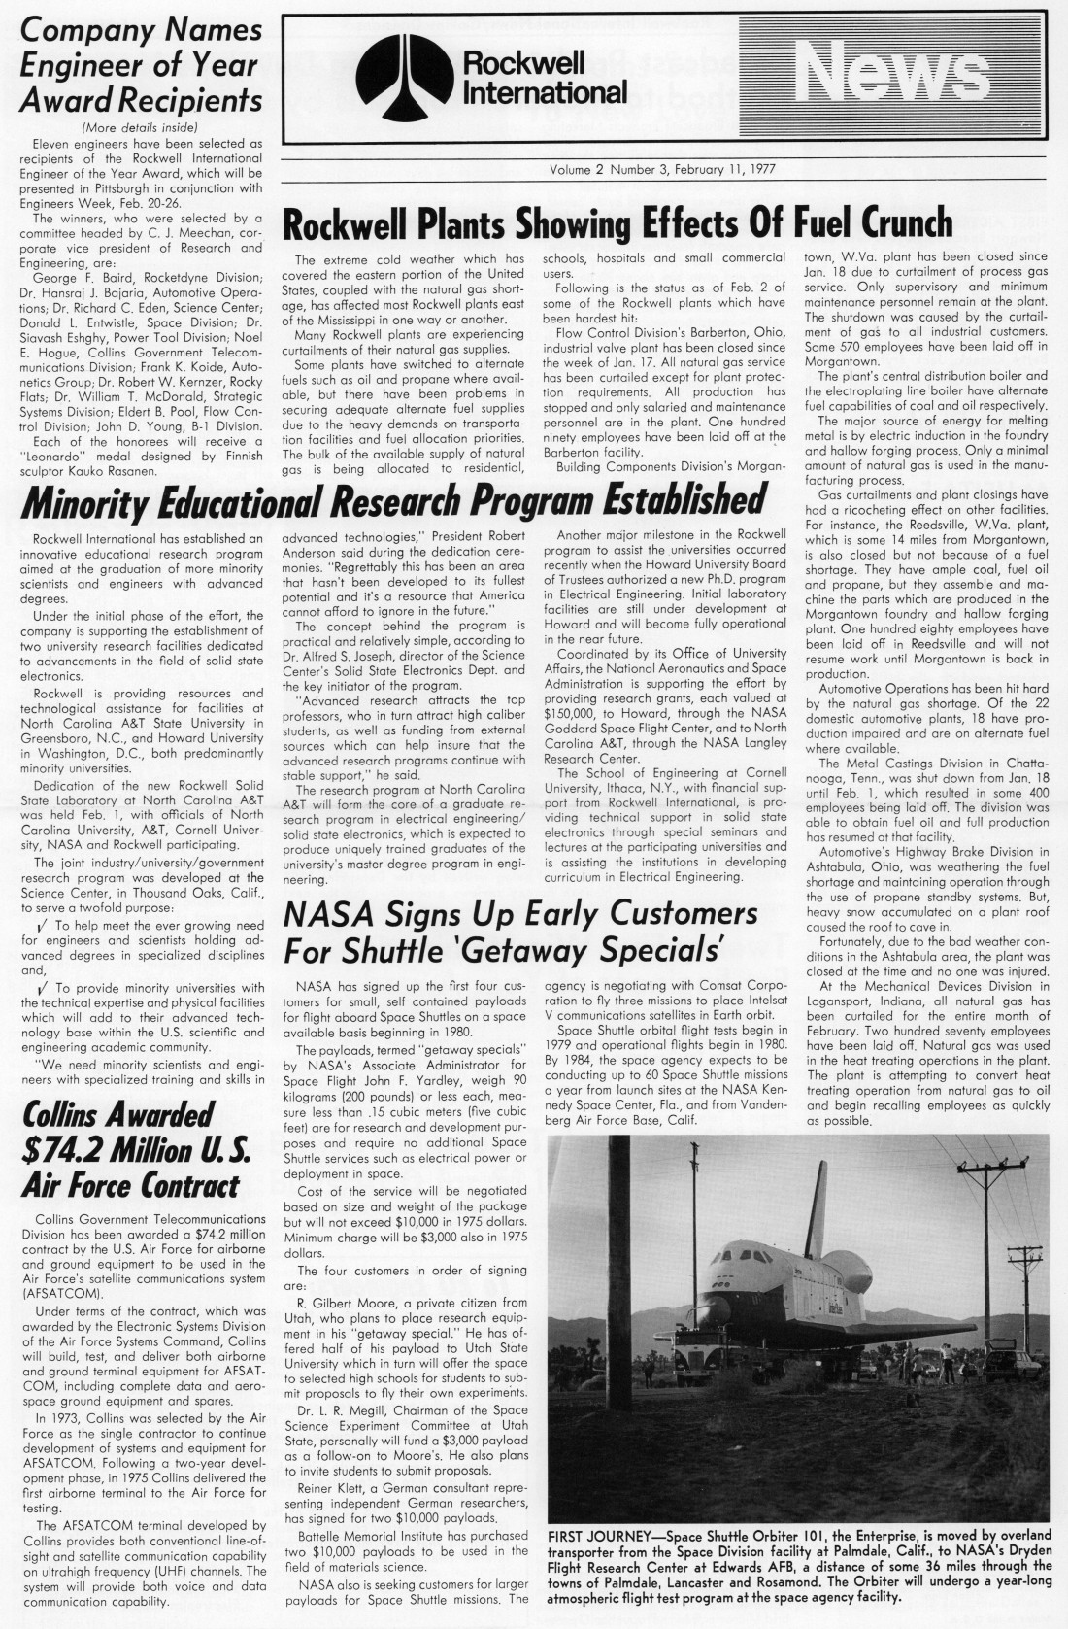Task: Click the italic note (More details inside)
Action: coord(141,127)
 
